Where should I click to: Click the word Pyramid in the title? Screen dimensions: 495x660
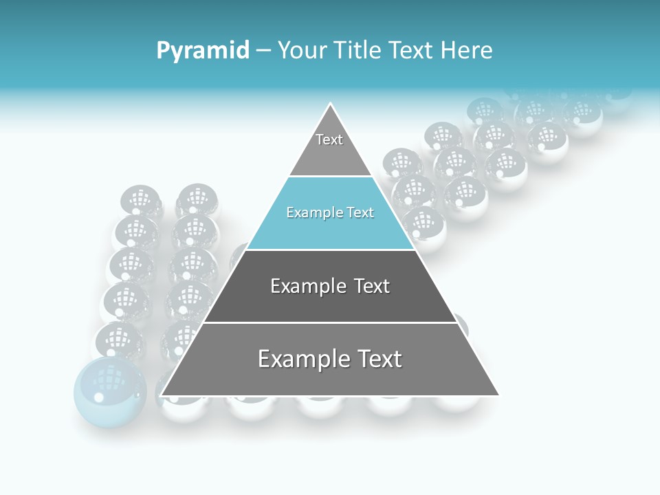[x=202, y=51]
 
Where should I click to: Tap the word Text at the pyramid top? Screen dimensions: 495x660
[x=329, y=140]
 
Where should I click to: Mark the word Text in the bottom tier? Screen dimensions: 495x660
[x=373, y=359]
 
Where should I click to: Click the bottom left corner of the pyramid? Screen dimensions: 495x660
[x=162, y=395]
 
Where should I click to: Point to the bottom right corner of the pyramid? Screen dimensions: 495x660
[x=498, y=395]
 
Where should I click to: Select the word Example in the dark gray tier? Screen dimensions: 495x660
[x=302, y=286]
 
